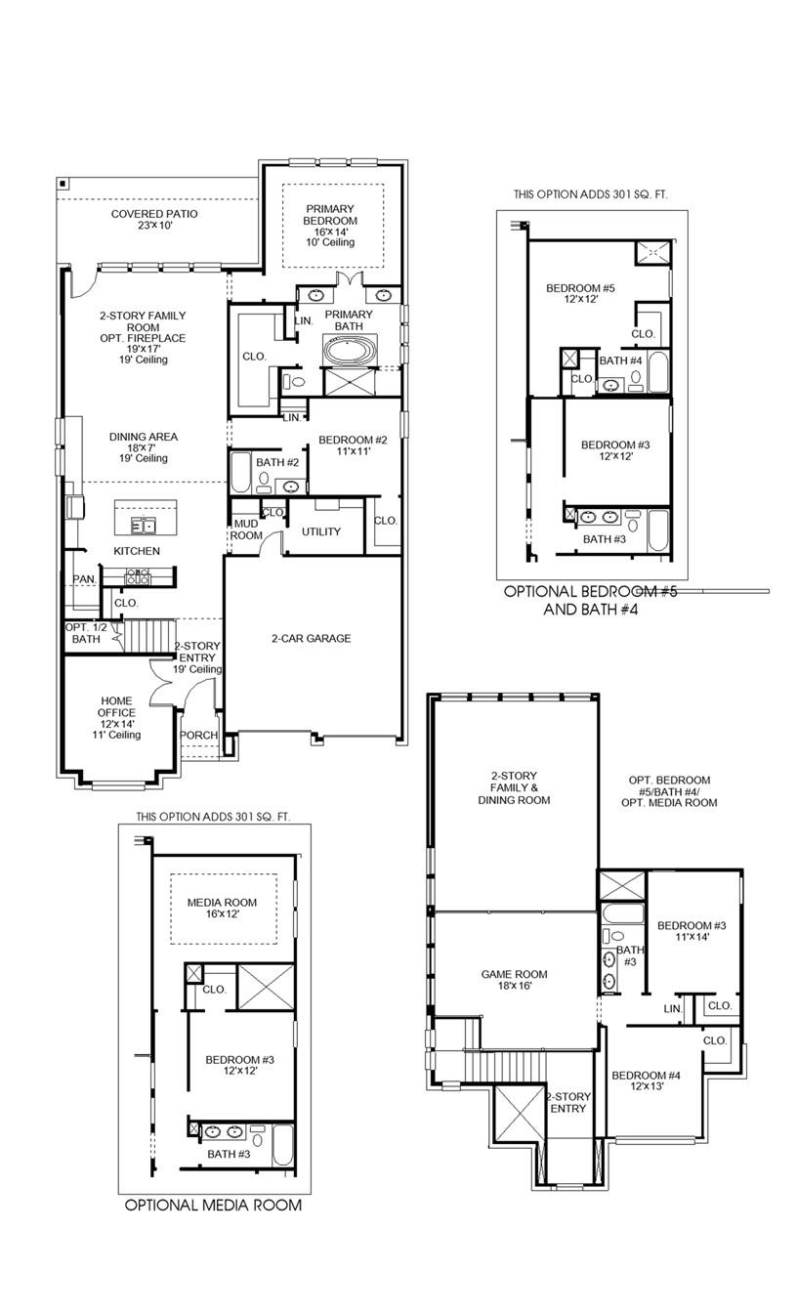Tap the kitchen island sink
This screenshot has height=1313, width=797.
point(145,527)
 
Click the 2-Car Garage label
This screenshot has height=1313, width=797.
point(311,638)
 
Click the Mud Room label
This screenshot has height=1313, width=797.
point(245,529)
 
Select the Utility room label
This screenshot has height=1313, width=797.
point(320,531)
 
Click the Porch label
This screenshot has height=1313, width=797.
point(199,735)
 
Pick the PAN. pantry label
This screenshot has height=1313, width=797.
point(84,579)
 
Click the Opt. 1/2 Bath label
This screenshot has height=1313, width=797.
point(85,633)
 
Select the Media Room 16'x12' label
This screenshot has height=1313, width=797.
point(221,909)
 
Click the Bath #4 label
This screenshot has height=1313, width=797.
point(620,360)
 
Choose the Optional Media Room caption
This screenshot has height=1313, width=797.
point(213,1206)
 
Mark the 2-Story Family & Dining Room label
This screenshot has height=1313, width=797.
point(514,788)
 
